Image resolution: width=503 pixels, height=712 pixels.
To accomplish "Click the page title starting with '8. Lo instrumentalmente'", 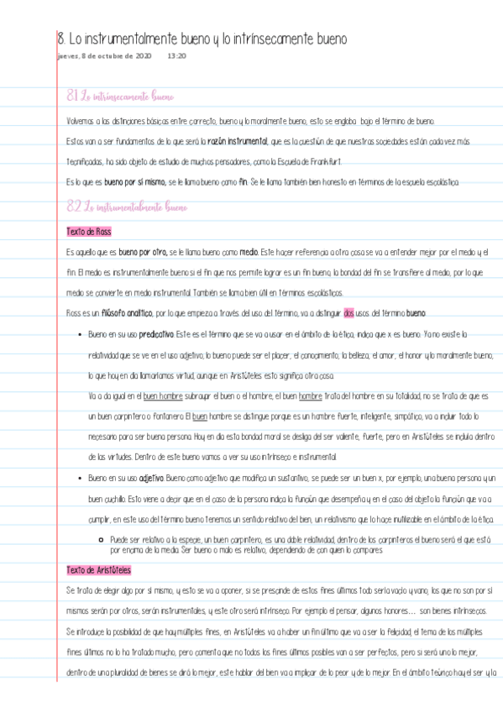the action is coord(202,39).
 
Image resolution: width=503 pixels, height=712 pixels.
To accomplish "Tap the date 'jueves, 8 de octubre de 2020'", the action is coord(104,56).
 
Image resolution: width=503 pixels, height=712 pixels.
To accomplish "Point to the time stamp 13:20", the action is coord(176,56).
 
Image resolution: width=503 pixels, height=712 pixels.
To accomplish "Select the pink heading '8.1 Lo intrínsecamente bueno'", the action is coord(120,97).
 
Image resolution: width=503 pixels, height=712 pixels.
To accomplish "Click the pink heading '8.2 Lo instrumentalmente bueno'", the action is coord(127,206).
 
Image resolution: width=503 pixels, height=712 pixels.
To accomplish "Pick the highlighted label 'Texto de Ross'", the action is coord(88,231).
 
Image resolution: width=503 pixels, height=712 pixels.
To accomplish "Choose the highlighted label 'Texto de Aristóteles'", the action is coord(98,570).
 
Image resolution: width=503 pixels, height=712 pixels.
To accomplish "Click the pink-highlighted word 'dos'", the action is coord(350,313).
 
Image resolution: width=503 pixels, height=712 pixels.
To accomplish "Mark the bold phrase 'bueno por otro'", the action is coord(142,252).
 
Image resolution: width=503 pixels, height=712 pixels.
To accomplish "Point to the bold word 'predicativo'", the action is coord(157,334).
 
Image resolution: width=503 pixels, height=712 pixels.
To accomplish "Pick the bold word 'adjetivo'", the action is coord(151,478).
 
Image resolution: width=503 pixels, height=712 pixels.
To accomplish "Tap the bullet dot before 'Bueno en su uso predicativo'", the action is coord(78,334).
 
